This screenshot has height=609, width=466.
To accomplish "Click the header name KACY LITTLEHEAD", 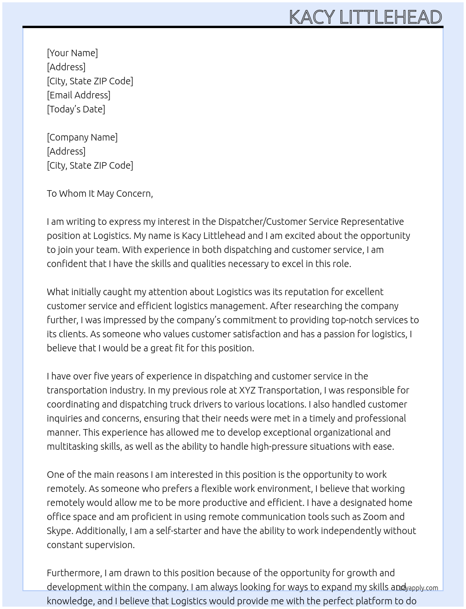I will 365,17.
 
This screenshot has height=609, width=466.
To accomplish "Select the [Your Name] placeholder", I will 72,53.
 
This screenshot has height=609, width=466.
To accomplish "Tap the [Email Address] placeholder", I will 79,95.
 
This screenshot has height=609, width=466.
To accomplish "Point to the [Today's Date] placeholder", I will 76,109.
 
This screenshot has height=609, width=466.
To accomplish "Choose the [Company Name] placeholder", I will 82,137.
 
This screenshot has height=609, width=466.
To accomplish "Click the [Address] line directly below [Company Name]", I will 66,151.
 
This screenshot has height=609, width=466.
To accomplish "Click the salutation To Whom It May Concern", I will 100,193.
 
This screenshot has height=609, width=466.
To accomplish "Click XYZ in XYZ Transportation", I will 247,390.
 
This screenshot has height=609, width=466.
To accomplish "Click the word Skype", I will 59,531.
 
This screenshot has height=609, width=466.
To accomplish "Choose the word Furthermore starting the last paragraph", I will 74,573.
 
